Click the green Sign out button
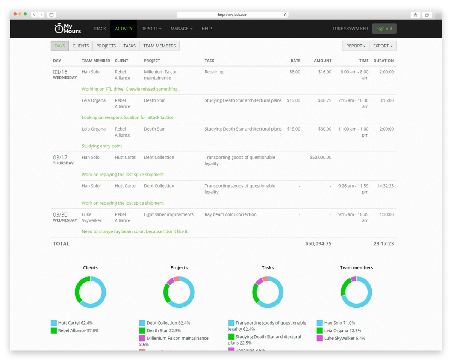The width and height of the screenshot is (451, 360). click(x=384, y=29)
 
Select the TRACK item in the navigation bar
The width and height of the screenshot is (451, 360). click(x=100, y=29)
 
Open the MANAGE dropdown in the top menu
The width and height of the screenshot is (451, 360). click(x=181, y=29)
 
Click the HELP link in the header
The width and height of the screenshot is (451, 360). click(x=207, y=29)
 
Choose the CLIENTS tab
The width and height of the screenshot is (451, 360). click(x=81, y=46)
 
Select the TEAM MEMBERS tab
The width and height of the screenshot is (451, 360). click(x=159, y=46)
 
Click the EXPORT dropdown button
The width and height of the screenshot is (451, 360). click(x=383, y=46)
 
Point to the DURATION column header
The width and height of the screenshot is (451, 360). click(x=383, y=61)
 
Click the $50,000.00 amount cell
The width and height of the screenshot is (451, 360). click(x=320, y=158)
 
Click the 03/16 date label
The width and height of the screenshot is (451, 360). click(x=60, y=72)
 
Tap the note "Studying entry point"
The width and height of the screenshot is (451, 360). click(x=102, y=146)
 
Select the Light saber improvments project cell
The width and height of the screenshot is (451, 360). click(x=169, y=214)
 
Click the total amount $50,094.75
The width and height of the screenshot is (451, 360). click(x=318, y=243)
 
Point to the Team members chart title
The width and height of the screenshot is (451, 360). click(x=356, y=268)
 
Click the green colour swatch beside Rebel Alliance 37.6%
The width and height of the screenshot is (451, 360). click(x=54, y=331)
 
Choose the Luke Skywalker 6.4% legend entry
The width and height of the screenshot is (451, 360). click(x=344, y=338)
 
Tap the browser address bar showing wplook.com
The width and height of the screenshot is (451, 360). click(x=232, y=15)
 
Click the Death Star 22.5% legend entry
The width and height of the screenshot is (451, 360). click(x=163, y=331)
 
